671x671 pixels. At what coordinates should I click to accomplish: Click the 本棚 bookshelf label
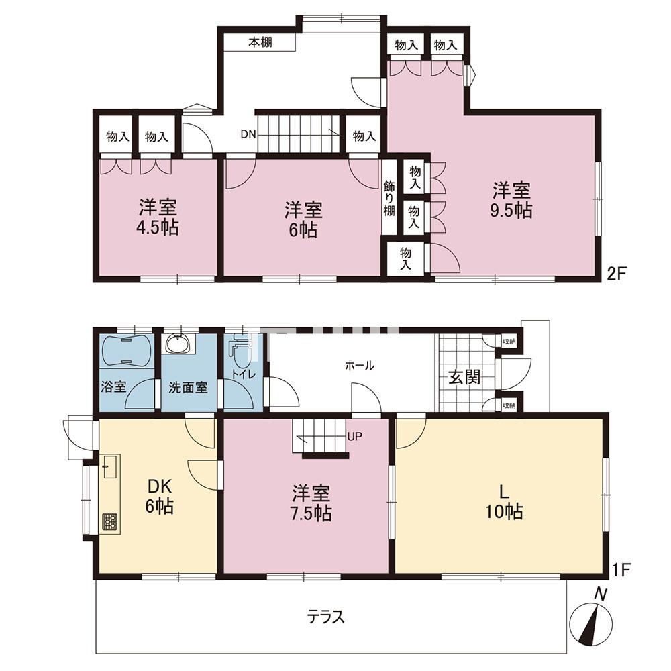260,42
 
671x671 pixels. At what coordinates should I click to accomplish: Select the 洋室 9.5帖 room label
511,200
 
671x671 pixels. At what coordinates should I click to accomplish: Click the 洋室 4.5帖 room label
157,217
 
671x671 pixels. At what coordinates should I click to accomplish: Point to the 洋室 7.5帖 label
311,503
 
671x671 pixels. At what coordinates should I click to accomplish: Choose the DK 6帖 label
160,496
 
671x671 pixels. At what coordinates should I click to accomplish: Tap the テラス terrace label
325,617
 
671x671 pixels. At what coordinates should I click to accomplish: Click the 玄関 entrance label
464,377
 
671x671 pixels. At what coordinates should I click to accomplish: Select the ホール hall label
360,366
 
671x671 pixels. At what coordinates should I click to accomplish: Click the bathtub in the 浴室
127,350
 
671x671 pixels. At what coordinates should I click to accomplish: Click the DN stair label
248,134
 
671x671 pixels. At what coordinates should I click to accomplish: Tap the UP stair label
355,437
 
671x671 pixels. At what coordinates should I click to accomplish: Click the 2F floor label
617,273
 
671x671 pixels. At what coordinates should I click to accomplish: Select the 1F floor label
619,570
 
